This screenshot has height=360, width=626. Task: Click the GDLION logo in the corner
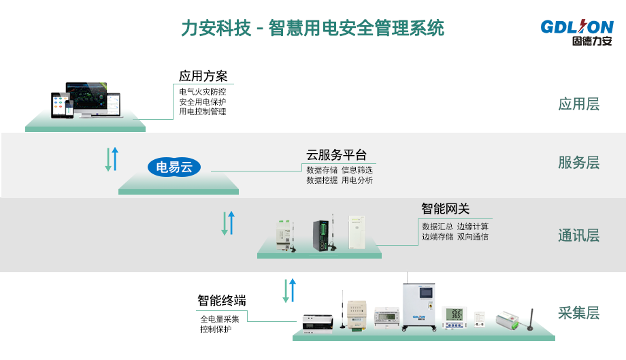[577, 32]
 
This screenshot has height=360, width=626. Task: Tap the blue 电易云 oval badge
[174, 166]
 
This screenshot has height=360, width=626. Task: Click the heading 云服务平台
[336, 154]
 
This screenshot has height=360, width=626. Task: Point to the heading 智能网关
[445, 209]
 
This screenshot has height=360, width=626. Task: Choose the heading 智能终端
[222, 300]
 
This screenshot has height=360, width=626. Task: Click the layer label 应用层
[578, 104]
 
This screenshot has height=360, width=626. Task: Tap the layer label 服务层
[578, 163]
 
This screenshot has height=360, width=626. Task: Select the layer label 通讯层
[578, 235]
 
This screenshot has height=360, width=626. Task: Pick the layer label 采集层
[578, 313]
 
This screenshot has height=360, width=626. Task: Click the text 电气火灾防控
[203, 91]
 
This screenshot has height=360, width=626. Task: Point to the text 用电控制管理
[203, 112]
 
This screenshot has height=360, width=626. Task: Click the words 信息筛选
[358, 170]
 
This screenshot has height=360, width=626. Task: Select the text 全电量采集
[219, 318]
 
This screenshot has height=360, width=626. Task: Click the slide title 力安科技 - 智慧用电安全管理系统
[312, 29]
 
